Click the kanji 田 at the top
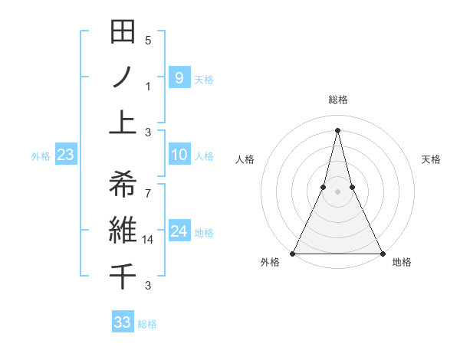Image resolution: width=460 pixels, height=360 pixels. pyautogui.click(x=123, y=33)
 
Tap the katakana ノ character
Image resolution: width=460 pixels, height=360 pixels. pyautogui.click(x=123, y=77)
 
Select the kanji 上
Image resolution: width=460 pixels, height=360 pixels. pyautogui.click(x=123, y=121)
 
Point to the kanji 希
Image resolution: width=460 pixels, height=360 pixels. pyautogui.click(x=123, y=183)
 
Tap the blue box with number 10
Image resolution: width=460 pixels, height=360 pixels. pyautogui.click(x=179, y=155)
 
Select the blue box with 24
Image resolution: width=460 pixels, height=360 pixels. pyautogui.click(x=179, y=231)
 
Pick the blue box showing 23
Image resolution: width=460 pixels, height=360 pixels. pyautogui.click(x=66, y=155)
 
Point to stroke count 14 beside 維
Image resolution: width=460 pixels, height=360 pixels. pyautogui.click(x=148, y=240)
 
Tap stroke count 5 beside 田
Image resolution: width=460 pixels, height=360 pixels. pyautogui.click(x=148, y=40)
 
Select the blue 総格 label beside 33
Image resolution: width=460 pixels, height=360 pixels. pyautogui.click(x=147, y=324)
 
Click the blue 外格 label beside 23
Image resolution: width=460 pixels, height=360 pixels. pyautogui.click(x=41, y=156)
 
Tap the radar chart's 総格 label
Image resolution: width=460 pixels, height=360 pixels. pyautogui.click(x=337, y=100)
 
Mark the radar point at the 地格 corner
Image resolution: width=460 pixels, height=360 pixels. pyautogui.click(x=382, y=254)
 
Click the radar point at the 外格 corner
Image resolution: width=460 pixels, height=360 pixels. pyautogui.click(x=293, y=254)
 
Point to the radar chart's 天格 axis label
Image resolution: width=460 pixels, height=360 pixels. pyautogui.click(x=431, y=159)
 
